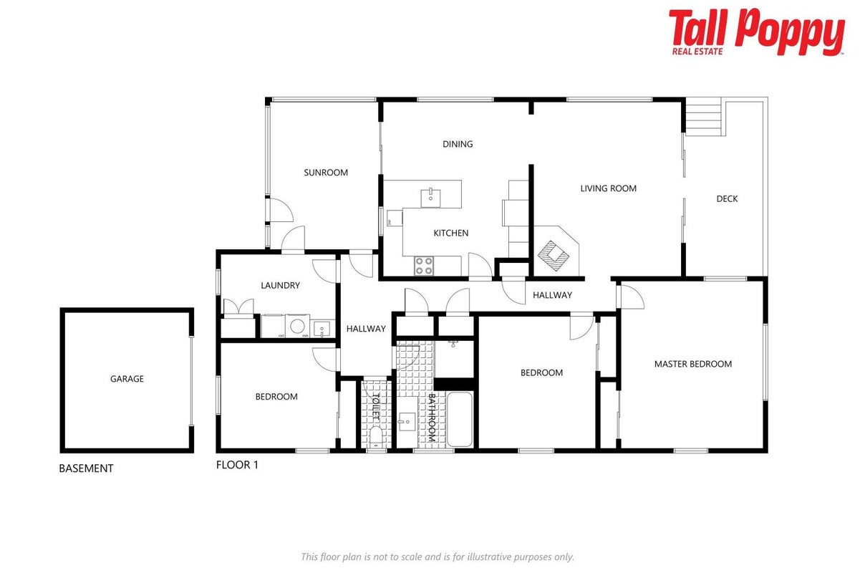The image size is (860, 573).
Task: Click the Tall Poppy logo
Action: [x=756, y=32]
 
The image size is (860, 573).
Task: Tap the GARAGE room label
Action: [x=127, y=379]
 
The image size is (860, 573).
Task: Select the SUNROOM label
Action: [x=326, y=173]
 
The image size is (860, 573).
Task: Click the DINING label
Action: [x=458, y=144]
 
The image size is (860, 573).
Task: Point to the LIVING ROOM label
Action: [x=608, y=188]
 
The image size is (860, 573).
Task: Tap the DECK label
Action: [x=727, y=198]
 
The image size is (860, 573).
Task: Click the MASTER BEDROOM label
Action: [x=693, y=364]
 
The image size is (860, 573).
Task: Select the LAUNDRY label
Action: [x=280, y=285]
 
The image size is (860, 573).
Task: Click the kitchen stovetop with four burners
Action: [x=424, y=266]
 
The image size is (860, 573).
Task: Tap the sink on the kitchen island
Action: [x=430, y=198]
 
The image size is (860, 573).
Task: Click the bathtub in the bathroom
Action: [x=460, y=419]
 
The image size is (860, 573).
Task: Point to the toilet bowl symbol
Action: [x=376, y=438]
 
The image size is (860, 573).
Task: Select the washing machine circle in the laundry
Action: [x=297, y=326]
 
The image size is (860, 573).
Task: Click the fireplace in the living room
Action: [x=554, y=255]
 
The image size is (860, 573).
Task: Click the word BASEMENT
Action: [x=86, y=468]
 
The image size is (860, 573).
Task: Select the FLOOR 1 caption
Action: [x=237, y=465]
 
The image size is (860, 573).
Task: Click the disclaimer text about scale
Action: [x=438, y=557]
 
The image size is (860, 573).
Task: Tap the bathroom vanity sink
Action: [x=407, y=422]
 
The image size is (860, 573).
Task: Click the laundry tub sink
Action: [x=322, y=329]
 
